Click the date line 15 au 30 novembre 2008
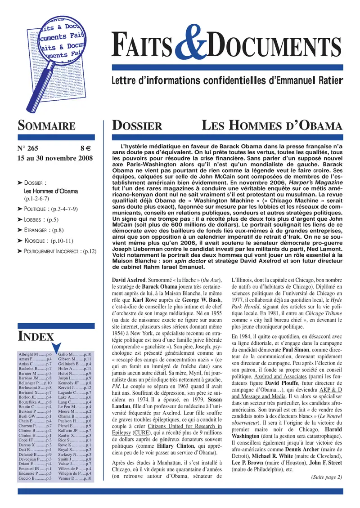[x=55, y=159]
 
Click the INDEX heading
[x=36, y=336]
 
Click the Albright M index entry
[x=35, y=355]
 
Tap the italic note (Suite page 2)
[x=327, y=477]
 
